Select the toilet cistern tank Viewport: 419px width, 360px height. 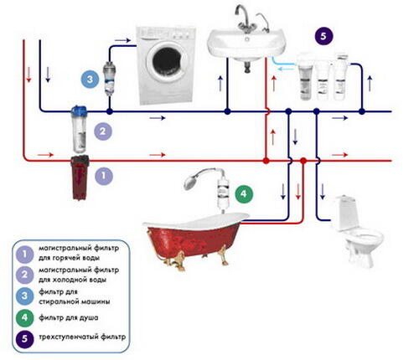point(347,213)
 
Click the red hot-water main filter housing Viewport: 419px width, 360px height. point(80,177)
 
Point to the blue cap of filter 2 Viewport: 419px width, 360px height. point(79,111)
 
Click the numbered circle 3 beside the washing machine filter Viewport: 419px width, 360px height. point(90,79)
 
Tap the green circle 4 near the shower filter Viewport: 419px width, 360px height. point(244,193)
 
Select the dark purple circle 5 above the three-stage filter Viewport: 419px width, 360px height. point(323,36)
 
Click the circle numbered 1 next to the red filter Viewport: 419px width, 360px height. point(104,176)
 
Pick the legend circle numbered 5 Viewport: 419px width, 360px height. point(24,338)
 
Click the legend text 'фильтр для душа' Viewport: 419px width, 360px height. point(69,317)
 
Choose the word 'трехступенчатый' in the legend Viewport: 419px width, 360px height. point(69,337)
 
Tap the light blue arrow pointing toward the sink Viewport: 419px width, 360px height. point(287,69)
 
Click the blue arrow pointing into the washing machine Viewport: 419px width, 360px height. point(123,40)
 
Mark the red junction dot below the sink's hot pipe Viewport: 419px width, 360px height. point(266,161)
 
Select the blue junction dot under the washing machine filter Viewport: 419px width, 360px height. point(110,111)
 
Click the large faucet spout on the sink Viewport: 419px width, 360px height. point(242,15)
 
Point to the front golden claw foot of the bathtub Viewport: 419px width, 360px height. point(178,261)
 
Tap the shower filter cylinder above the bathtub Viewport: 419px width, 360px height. point(223,193)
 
